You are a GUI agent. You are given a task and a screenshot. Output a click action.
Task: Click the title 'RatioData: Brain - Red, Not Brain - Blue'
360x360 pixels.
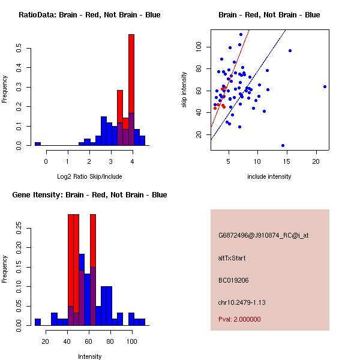tap(89, 15)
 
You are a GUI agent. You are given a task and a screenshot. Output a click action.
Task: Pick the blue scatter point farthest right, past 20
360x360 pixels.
tap(325, 86)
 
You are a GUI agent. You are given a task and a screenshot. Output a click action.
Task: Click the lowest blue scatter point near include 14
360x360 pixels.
tap(283, 145)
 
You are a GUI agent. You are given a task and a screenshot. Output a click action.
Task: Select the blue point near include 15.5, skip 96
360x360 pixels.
tap(290, 51)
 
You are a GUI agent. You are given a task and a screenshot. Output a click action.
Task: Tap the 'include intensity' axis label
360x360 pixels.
tap(269, 176)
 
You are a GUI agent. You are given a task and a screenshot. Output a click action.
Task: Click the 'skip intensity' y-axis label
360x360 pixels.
tap(185, 90)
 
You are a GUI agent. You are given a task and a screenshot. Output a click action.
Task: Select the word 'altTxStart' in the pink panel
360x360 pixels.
tap(232, 258)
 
